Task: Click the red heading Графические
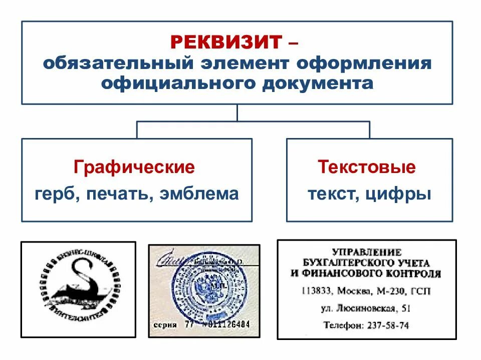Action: coord(134,167)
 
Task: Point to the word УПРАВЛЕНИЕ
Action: coord(367,252)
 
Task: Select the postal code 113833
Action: coord(316,291)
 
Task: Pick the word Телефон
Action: coord(342,325)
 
